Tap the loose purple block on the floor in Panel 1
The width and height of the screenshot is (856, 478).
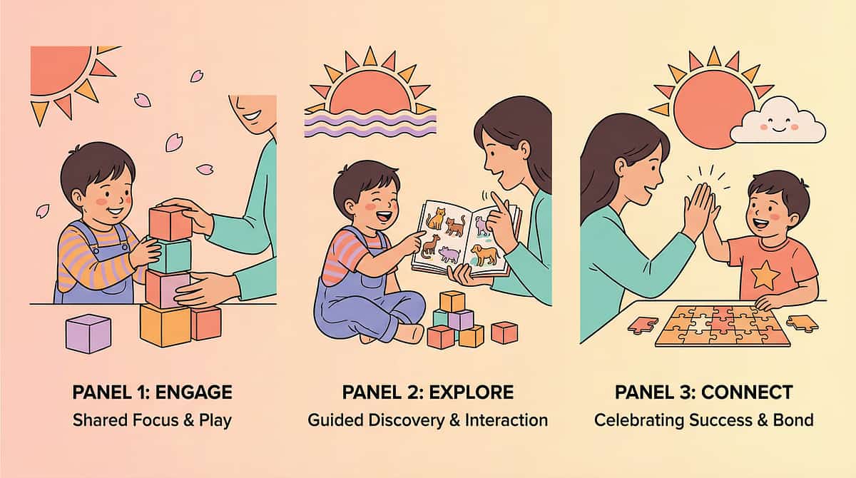88,333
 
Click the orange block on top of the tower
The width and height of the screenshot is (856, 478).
170,223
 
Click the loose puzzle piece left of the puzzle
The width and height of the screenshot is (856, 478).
643,325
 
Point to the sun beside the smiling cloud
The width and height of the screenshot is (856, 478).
713,109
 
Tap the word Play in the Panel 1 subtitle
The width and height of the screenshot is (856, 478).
215,419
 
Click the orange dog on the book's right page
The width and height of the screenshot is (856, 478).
485,254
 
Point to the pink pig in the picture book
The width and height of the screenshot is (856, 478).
449,254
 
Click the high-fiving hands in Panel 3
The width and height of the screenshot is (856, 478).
703,207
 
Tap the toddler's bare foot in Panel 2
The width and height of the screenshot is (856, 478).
410,333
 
